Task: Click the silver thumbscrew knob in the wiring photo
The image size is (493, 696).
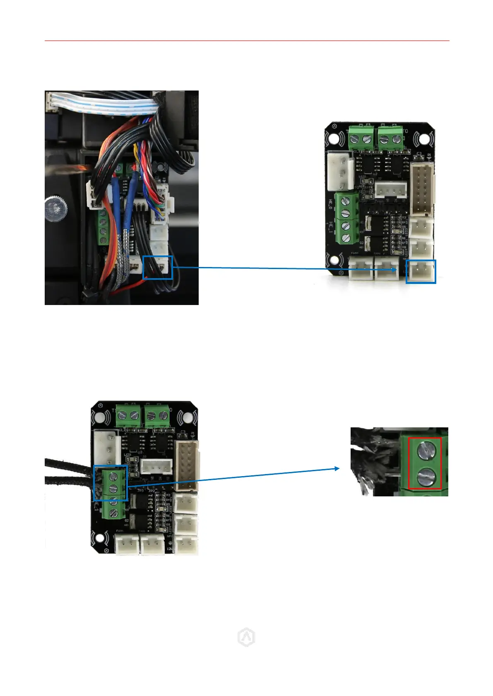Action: point(56,207)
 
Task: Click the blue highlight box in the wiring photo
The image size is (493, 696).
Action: point(157,267)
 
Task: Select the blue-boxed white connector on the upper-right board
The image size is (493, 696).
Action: point(421,272)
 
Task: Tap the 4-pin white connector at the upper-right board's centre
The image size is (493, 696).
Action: point(391,191)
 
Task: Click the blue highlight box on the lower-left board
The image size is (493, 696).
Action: point(110,483)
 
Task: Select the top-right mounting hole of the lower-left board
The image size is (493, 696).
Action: point(186,418)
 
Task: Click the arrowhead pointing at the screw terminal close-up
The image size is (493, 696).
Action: point(337,468)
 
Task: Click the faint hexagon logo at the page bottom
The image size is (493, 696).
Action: point(246,638)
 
